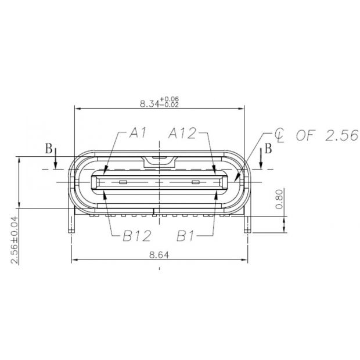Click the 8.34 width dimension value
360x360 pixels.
coord(150,104)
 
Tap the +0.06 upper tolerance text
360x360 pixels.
coord(171,100)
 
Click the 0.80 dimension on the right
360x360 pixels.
coord(279,199)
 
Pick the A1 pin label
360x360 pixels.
coord(137,134)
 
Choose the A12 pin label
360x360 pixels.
coord(182,134)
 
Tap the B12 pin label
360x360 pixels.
coord(137,236)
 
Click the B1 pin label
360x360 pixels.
coord(186,236)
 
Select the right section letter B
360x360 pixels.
coord(268,149)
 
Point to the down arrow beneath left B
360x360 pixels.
coord(55,162)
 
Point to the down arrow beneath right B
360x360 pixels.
coord(262,162)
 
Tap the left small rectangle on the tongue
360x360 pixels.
coord(122,183)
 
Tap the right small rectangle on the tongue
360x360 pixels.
coord(195,183)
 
